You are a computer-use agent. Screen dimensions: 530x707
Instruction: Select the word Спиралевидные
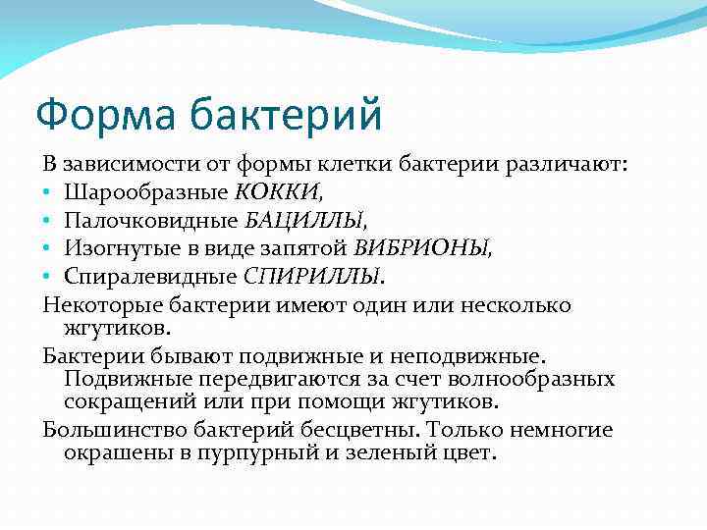152,276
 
